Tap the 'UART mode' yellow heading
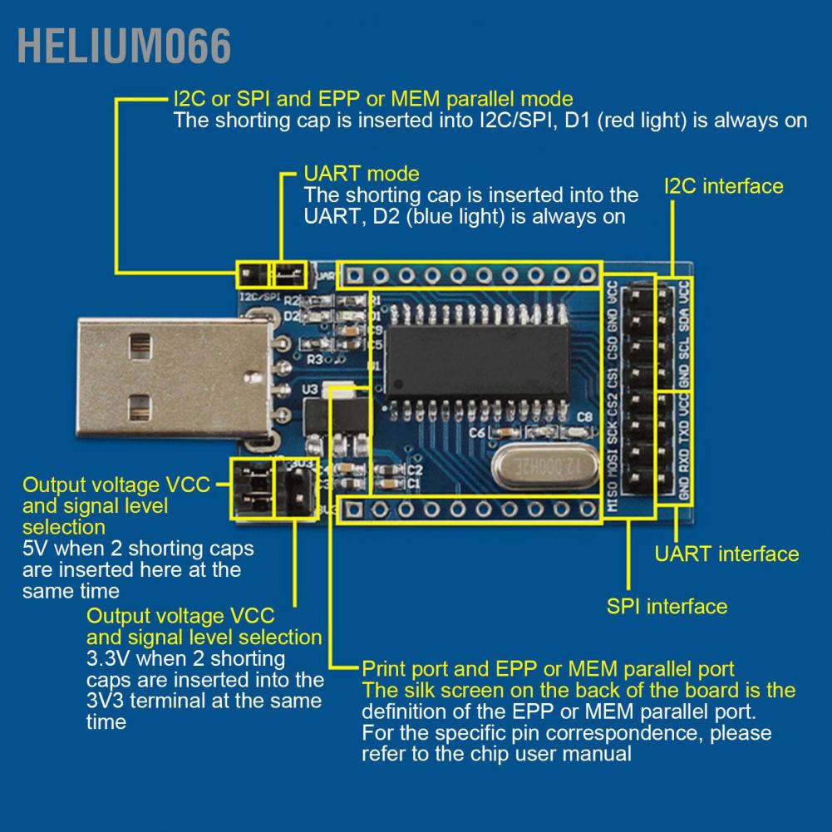(x=362, y=174)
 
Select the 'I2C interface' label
(x=723, y=185)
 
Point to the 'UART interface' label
(x=726, y=554)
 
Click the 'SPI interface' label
(x=667, y=606)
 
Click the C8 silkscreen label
(x=584, y=416)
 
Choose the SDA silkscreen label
(x=683, y=320)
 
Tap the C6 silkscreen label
(x=477, y=432)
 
